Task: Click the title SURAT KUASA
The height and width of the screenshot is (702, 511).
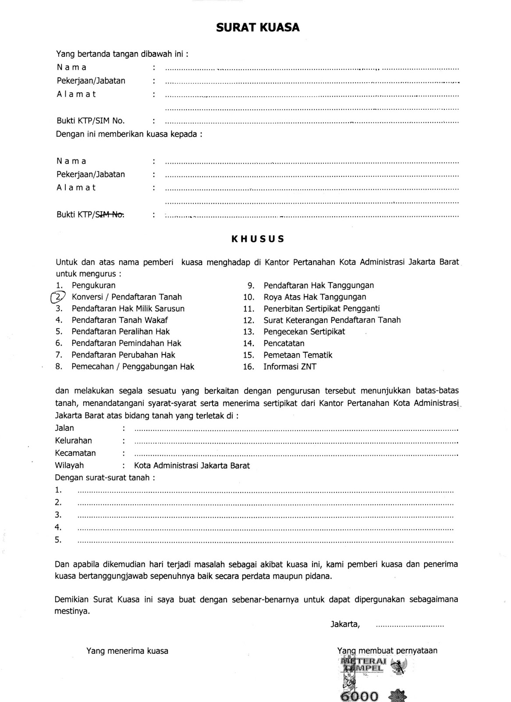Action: pyautogui.click(x=258, y=28)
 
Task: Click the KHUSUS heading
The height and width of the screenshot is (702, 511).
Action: pyautogui.click(x=258, y=239)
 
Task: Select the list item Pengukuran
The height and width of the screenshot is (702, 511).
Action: pyautogui.click(x=93, y=285)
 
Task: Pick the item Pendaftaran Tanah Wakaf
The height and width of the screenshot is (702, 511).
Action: pyautogui.click(x=120, y=320)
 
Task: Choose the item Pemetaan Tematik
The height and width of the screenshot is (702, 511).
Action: pyautogui.click(x=298, y=355)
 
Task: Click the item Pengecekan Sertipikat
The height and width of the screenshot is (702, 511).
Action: pyautogui.click(x=304, y=332)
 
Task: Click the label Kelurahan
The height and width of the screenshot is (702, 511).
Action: pyautogui.click(x=73, y=441)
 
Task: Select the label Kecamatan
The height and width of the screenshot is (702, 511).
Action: pyautogui.click(x=75, y=453)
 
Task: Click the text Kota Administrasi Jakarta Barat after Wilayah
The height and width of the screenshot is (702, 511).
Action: pyautogui.click(x=192, y=466)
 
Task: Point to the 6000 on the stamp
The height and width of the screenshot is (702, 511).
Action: pyautogui.click(x=359, y=696)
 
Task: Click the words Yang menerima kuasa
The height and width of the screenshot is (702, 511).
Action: pyautogui.click(x=127, y=651)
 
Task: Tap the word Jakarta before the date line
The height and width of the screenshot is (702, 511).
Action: pyautogui.click(x=345, y=624)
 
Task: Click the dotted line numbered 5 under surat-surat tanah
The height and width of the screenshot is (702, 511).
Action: pyautogui.click(x=265, y=541)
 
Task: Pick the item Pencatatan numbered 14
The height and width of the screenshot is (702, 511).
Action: pyautogui.click(x=284, y=344)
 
